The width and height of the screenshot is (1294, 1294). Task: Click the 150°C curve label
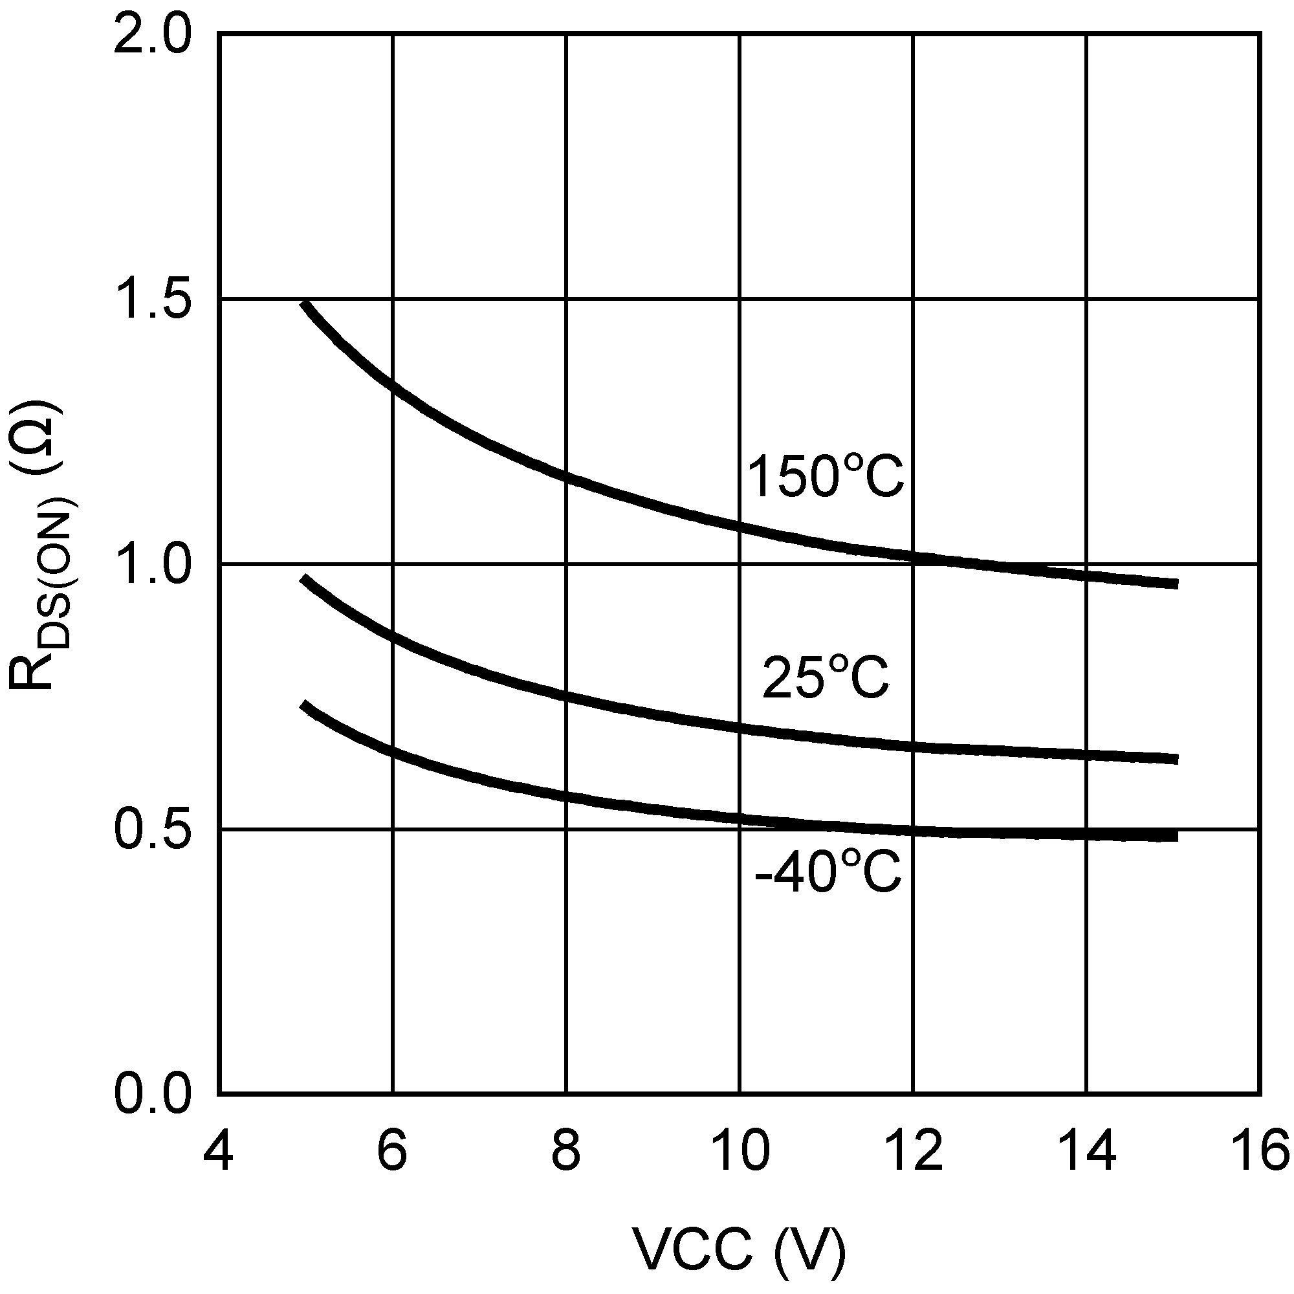coord(825,476)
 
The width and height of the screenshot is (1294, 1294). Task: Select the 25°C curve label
coord(825,677)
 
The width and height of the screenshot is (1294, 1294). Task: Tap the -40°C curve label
coord(828,872)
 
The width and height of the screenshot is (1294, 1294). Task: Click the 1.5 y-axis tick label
coord(153,301)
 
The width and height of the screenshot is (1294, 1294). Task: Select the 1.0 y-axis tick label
coord(153,565)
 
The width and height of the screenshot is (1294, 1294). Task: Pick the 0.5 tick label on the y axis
coord(153,830)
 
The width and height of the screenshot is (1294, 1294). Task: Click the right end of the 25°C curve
coord(1176,759)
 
